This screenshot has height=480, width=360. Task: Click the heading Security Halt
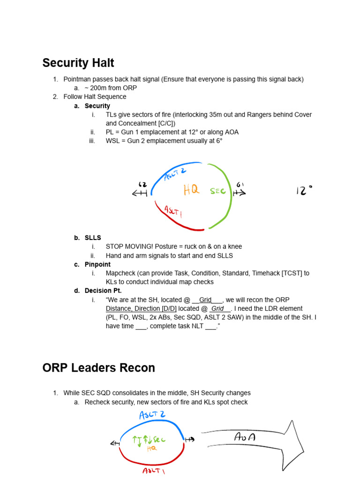[x=78, y=63]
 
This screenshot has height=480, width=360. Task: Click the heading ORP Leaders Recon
[x=98, y=368]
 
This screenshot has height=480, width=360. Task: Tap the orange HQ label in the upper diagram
[x=191, y=190]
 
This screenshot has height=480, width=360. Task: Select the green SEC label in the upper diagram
[x=218, y=191]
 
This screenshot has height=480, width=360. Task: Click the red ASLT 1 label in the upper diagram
[x=173, y=212]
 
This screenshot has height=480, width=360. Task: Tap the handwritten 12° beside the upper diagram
[x=304, y=190]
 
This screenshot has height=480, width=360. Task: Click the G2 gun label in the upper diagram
[x=142, y=185]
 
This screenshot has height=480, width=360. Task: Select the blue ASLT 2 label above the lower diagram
[x=153, y=415]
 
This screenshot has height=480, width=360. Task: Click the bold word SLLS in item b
[x=93, y=238]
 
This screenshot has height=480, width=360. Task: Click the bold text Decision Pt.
[x=103, y=291]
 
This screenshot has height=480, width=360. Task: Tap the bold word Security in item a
[x=97, y=106]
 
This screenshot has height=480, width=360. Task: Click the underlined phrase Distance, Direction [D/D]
[x=141, y=308]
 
